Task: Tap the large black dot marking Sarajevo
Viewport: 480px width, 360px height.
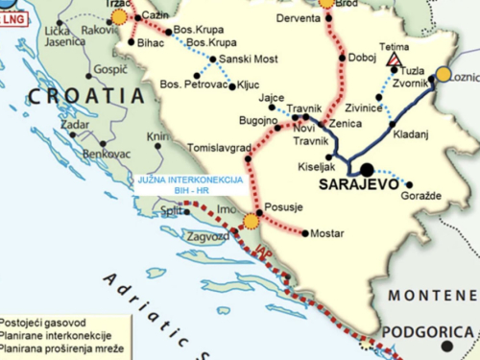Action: [367, 169]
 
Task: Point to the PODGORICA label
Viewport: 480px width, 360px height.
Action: [428, 332]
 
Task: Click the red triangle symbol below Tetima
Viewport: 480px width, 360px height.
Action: [393, 60]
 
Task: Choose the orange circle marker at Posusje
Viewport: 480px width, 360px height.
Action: [252, 222]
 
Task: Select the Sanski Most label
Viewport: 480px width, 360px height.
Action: [248, 60]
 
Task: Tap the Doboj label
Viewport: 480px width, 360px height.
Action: [363, 58]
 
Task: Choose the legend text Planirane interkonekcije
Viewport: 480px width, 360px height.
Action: [60, 337]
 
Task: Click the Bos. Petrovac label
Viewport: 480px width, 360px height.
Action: [193, 85]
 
